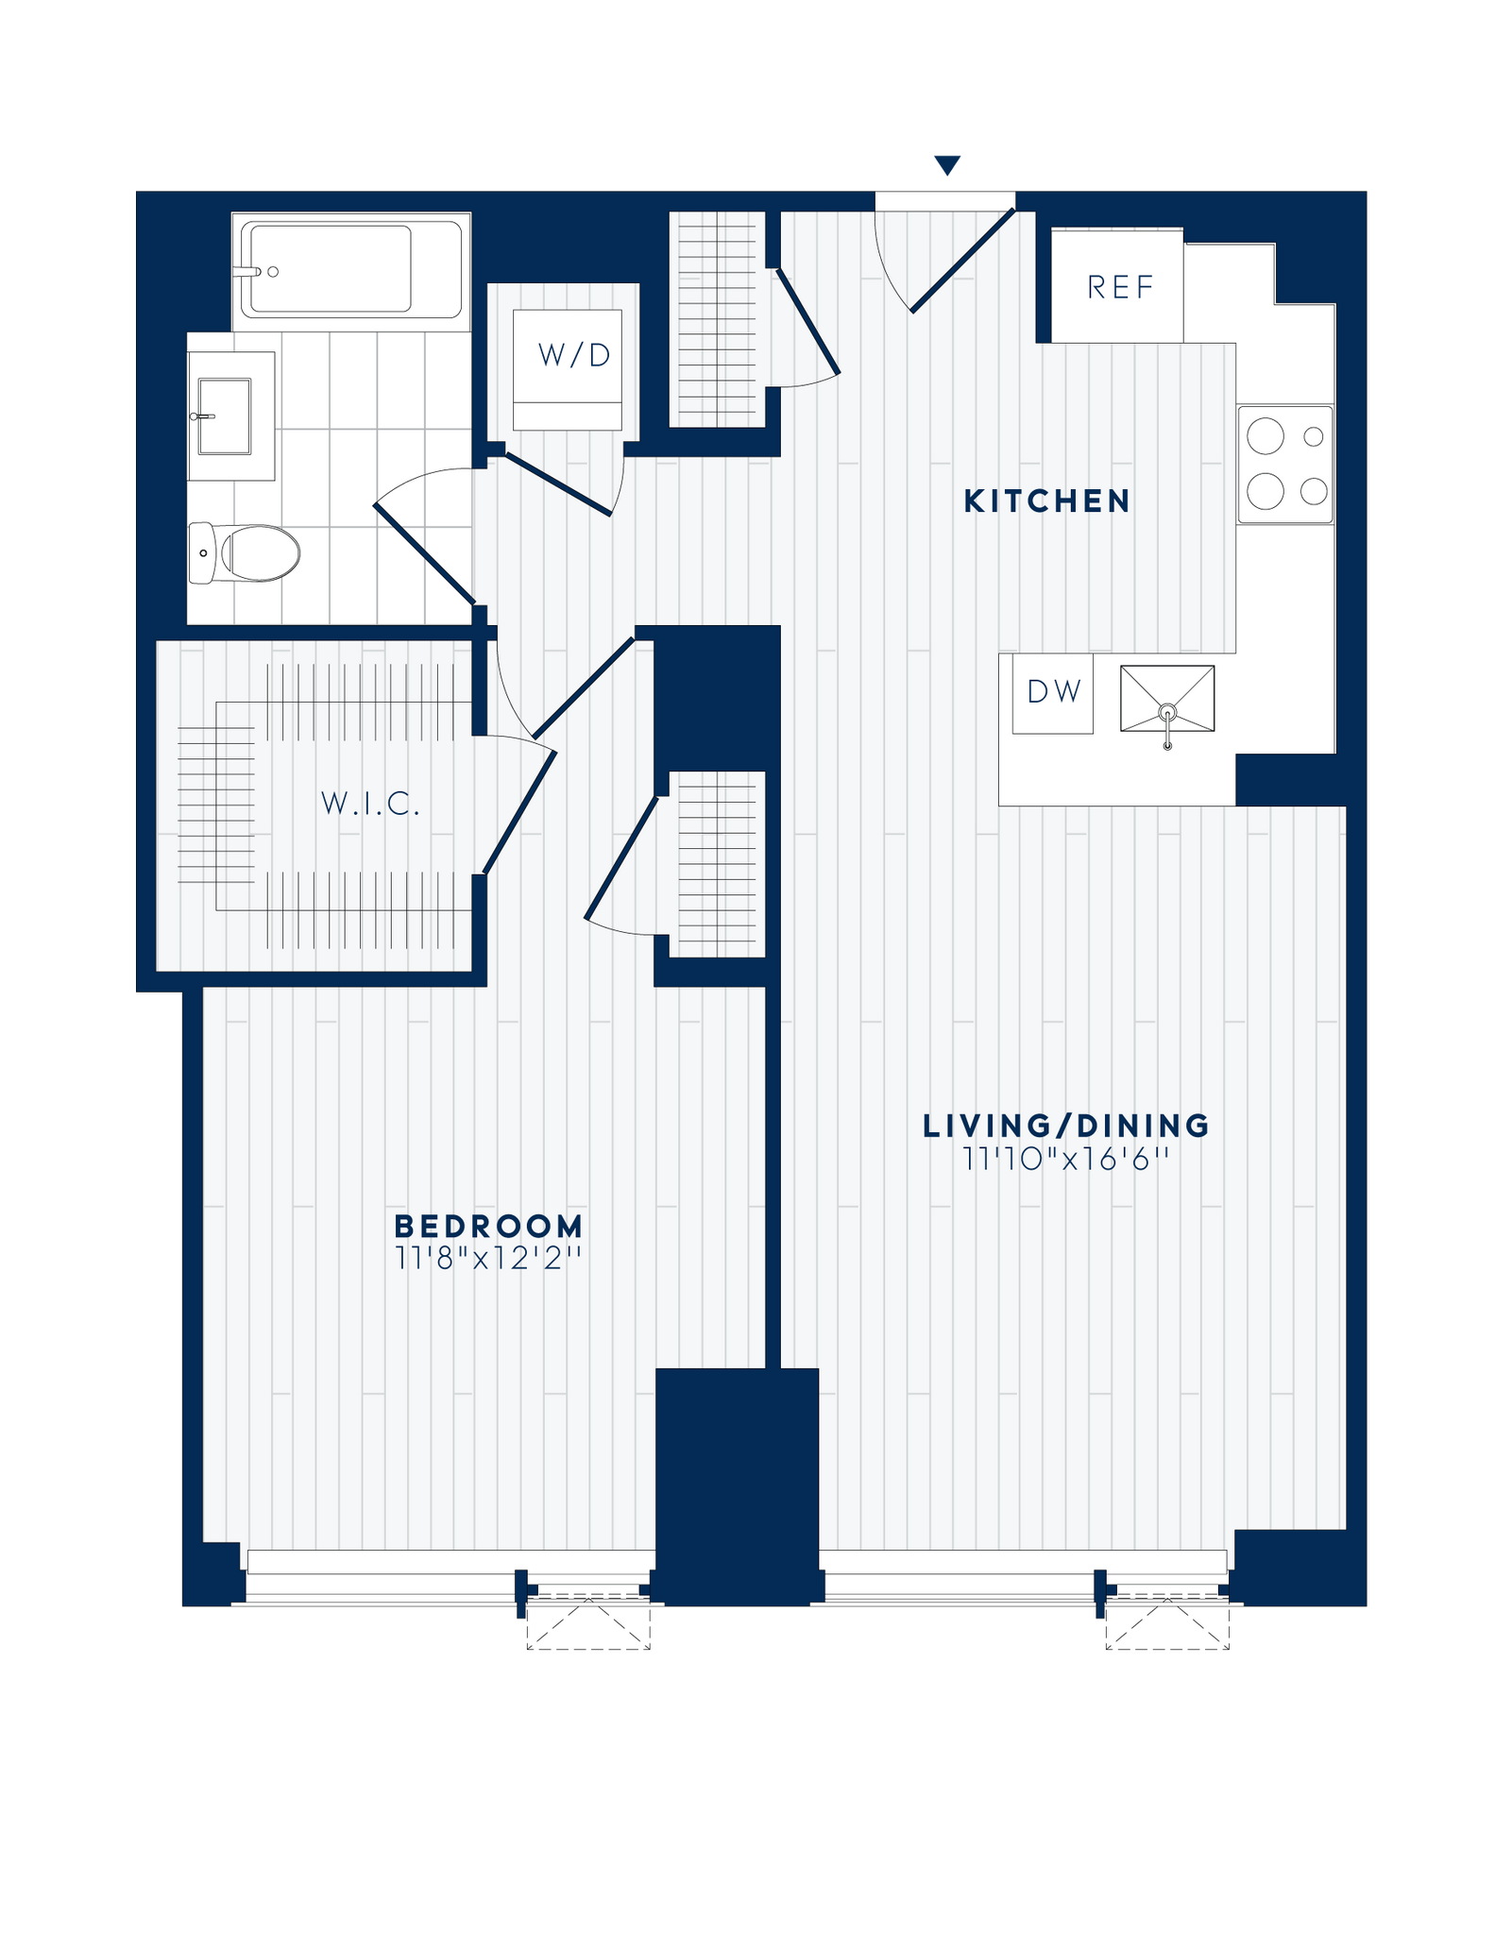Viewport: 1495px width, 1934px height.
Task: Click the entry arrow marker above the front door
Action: pos(946,166)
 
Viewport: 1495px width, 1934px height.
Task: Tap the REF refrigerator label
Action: pos(1120,287)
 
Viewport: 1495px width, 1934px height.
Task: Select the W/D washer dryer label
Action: pos(574,355)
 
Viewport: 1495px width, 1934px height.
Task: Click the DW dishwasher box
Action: pos(1053,692)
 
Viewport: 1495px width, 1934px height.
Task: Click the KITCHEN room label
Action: pos(1046,501)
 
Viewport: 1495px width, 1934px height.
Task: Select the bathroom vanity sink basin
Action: pos(225,416)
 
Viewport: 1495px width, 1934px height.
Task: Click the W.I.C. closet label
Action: pos(370,805)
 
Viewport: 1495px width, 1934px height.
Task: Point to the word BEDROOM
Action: pos(488,1227)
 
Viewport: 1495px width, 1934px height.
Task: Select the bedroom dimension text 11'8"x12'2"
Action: pos(488,1259)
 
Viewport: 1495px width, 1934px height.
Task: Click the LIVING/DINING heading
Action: pos(1066,1126)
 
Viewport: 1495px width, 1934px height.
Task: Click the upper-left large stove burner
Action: pos(1266,436)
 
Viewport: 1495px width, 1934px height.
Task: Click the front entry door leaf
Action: pos(962,261)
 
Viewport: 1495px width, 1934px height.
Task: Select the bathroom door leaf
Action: pos(424,553)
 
